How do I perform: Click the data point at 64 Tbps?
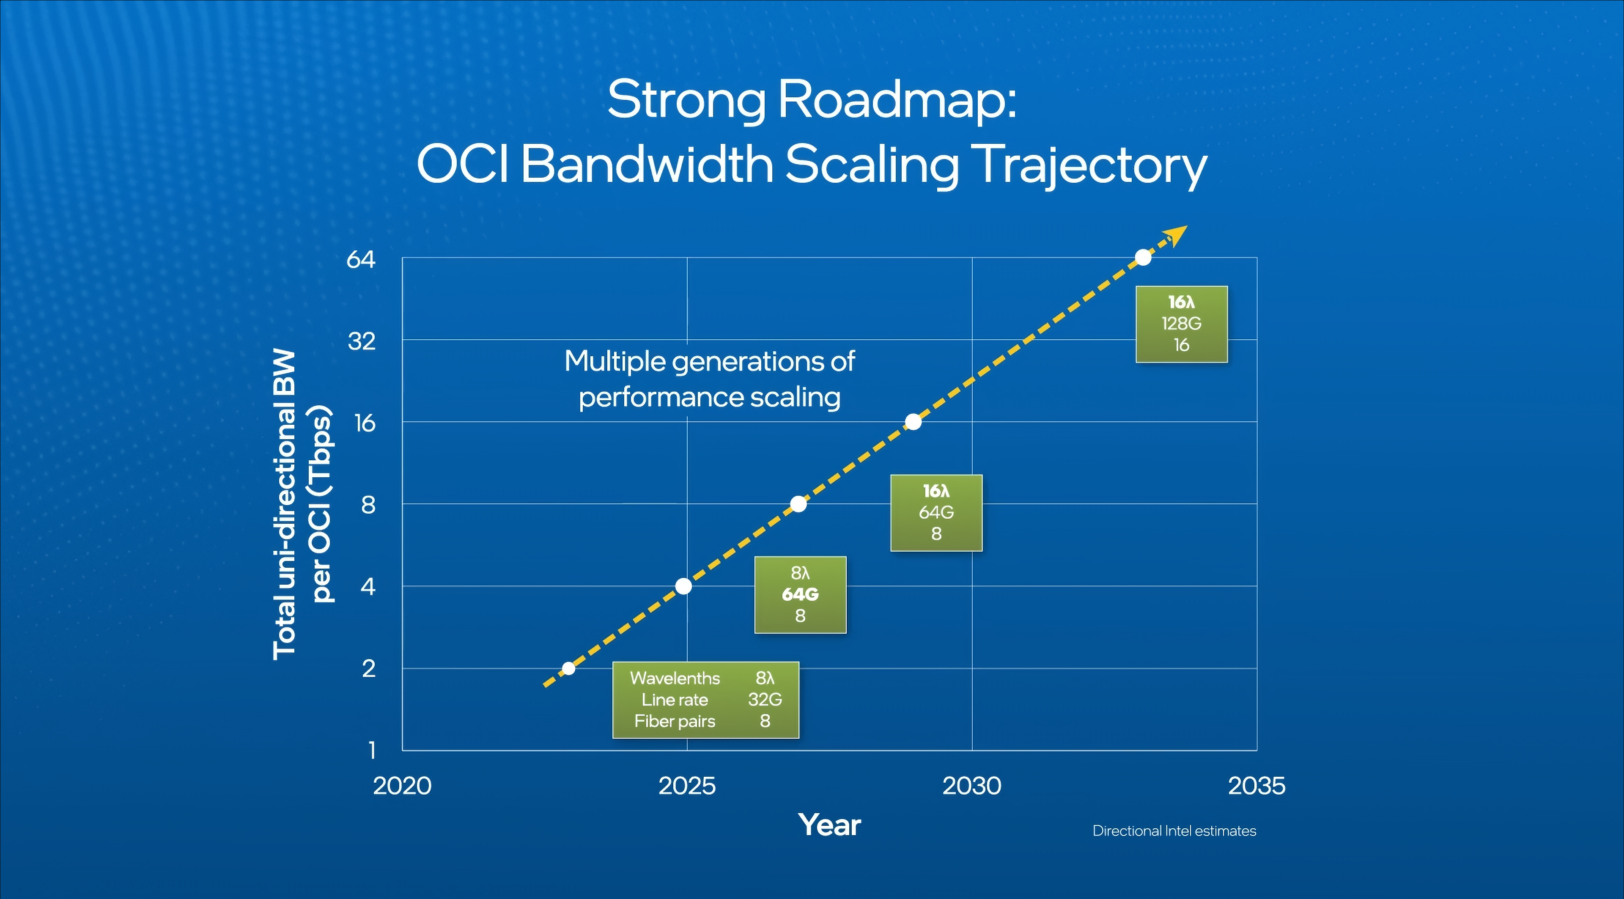tap(1143, 257)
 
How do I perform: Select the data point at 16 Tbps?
tap(913, 422)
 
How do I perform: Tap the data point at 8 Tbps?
tap(798, 504)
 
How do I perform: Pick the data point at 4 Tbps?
tap(683, 586)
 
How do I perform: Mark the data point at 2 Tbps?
tap(568, 668)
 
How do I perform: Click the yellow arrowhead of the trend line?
tap(1177, 236)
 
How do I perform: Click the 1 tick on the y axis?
tap(372, 750)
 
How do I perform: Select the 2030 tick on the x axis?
tap(971, 786)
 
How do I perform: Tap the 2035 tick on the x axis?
tap(1256, 786)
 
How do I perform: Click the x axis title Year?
tap(829, 825)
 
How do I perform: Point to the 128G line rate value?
tap(1182, 323)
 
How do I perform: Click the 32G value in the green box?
tap(765, 699)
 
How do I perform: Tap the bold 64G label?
tap(800, 594)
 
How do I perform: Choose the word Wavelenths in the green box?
tap(675, 678)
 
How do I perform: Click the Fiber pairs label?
tap(675, 721)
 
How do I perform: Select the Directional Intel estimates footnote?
tap(1174, 831)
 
